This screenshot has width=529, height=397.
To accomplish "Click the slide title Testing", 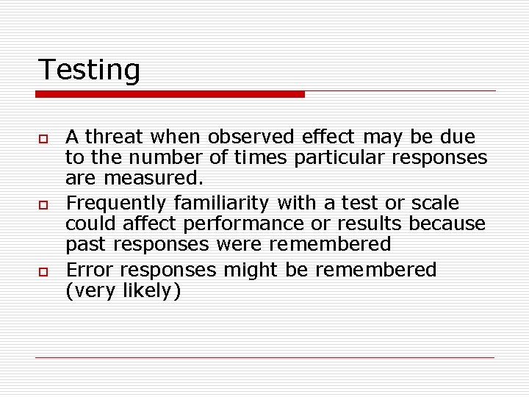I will [x=88, y=71].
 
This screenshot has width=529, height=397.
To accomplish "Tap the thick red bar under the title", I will [x=170, y=94].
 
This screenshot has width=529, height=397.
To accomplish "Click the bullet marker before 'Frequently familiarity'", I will [x=43, y=204].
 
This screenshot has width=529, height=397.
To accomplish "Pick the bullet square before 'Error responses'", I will [x=43, y=272].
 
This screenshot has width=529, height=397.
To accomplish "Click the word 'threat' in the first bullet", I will [x=115, y=137].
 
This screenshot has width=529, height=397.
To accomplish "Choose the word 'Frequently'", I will [x=116, y=203].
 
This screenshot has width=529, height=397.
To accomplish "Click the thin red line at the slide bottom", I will [x=264, y=358].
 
